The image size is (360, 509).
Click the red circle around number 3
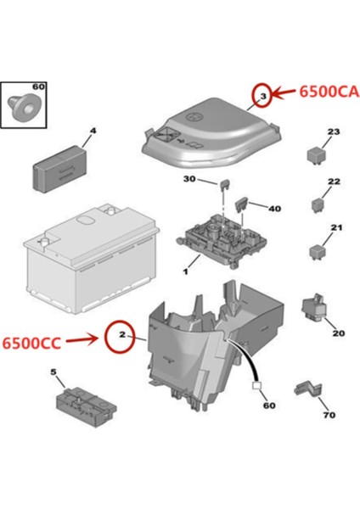point(263,98)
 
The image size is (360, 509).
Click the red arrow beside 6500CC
point(85,340)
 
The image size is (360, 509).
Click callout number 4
point(93,131)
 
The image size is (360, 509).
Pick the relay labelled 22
point(318,202)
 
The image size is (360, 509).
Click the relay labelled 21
point(316,249)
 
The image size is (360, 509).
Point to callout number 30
point(190,179)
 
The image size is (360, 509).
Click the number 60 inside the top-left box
point(37,87)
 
